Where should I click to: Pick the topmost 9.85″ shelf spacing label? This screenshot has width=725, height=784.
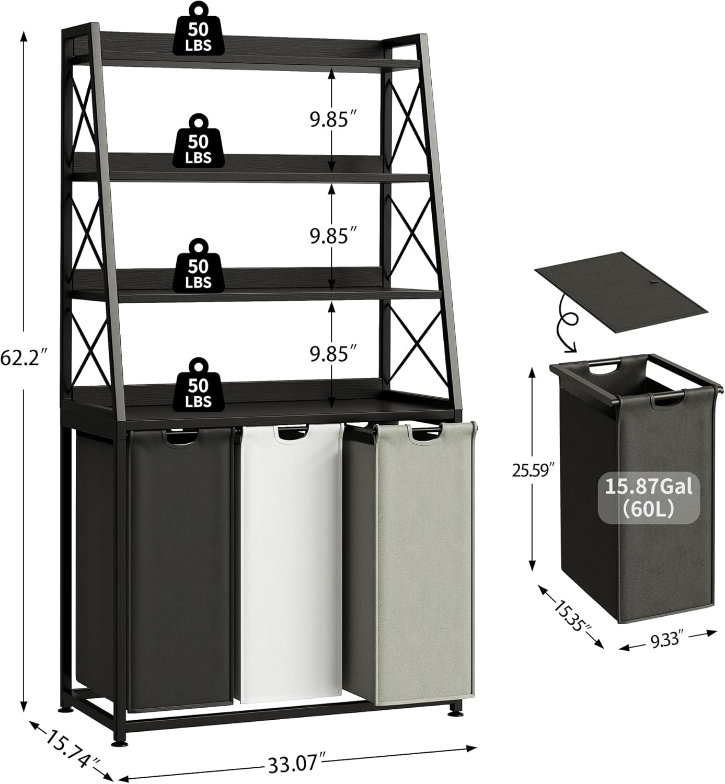click(329, 120)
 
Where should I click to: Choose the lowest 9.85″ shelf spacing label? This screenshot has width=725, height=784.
click(329, 354)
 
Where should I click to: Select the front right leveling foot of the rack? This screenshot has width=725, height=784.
click(453, 725)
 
